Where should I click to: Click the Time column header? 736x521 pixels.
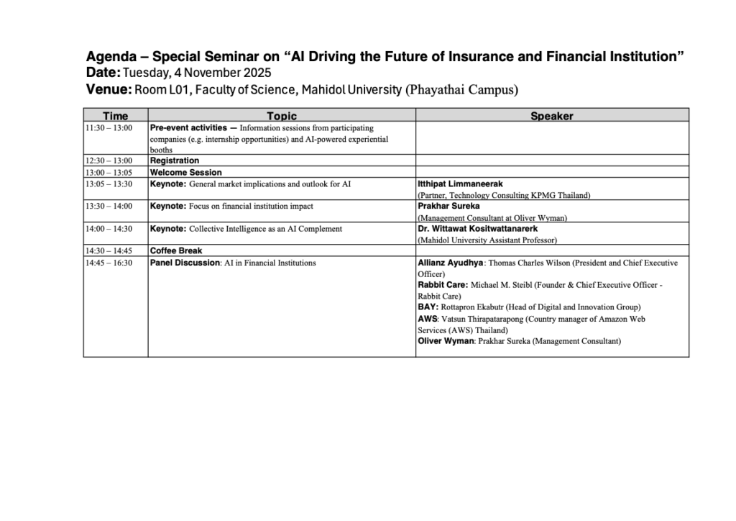[x=115, y=116]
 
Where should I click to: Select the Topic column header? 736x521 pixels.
[x=281, y=116]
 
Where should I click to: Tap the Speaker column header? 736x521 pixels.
[x=551, y=116]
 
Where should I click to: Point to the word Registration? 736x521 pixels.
[x=175, y=160]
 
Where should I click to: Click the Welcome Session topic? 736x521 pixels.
[x=185, y=173]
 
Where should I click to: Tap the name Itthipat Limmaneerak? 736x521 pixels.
[x=457, y=184]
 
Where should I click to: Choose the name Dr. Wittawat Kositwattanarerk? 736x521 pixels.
[x=477, y=229]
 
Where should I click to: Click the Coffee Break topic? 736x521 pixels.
[x=176, y=251]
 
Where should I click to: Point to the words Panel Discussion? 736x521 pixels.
[x=185, y=263]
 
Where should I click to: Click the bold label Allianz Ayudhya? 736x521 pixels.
[x=451, y=263]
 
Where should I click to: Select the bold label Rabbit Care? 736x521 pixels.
[x=443, y=285]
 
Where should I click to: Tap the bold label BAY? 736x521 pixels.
[x=428, y=307]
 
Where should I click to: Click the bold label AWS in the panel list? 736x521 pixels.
[x=427, y=318]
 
